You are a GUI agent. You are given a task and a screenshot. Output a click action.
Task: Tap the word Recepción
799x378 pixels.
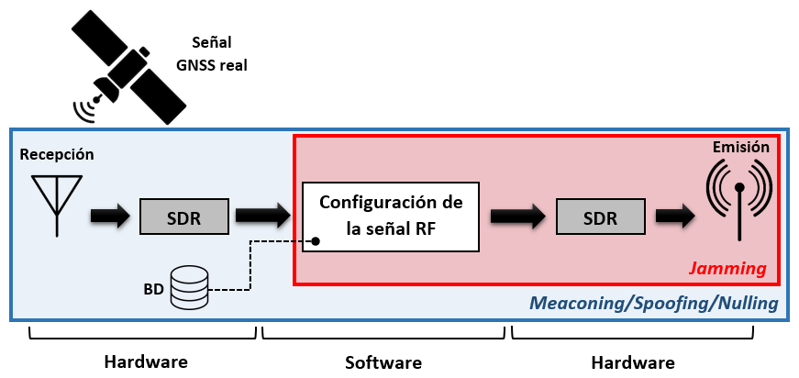point(56,154)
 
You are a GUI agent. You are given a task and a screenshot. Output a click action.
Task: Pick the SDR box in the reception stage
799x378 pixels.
point(183,216)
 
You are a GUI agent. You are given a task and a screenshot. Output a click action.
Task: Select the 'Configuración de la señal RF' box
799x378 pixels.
point(391,217)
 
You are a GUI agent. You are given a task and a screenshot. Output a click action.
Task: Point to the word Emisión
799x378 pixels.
point(742,147)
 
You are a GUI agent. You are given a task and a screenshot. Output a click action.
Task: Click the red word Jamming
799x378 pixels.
point(729,269)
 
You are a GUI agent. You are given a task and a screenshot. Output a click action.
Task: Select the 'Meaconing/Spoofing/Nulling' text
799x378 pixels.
point(655,303)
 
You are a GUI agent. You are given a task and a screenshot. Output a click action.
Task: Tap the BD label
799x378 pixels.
point(153,287)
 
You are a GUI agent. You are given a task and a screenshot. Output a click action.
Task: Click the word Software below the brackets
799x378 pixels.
point(383,362)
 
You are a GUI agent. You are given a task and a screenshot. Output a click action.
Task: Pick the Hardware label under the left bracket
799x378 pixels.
point(145,361)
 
